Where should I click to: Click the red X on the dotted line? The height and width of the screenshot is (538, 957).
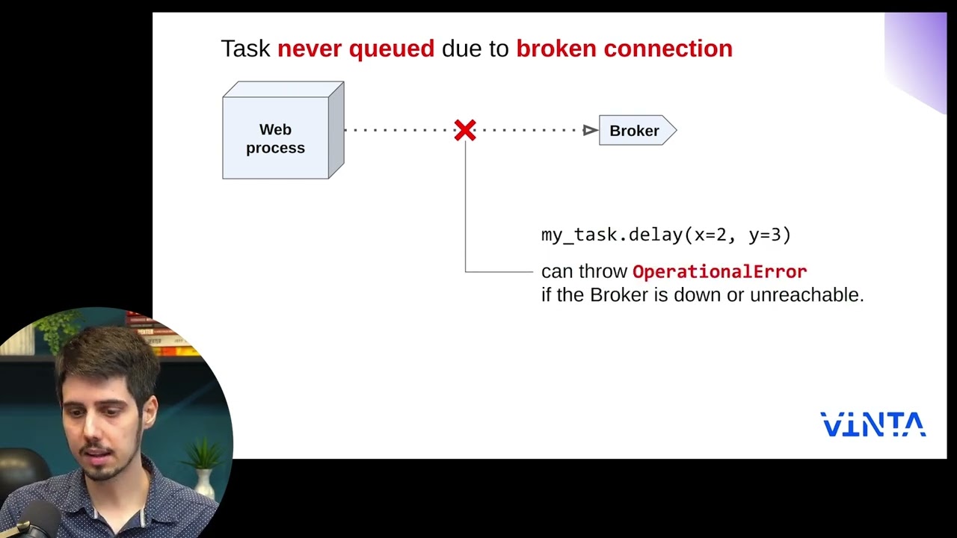tap(465, 130)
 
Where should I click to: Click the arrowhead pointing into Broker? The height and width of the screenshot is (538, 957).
tap(590, 131)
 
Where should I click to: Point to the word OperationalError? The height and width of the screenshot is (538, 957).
tap(719, 271)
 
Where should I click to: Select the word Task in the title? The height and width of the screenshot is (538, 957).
tap(245, 49)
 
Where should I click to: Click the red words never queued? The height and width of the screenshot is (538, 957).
tap(355, 49)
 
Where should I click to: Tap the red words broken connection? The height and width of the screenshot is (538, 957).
tap(624, 49)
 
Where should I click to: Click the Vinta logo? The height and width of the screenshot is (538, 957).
tap(873, 424)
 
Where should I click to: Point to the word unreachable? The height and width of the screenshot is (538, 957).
tap(806, 295)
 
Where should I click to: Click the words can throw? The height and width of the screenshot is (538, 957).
tap(583, 271)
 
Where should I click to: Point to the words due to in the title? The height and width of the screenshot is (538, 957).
tap(475, 49)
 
